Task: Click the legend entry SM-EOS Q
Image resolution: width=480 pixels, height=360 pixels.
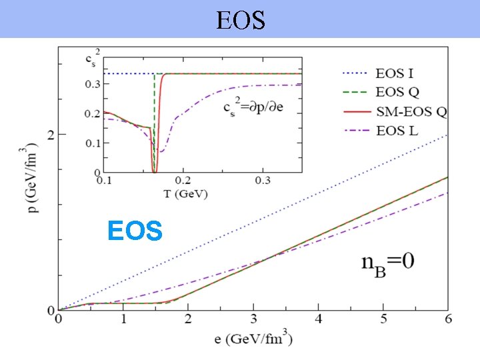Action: [x=411, y=111]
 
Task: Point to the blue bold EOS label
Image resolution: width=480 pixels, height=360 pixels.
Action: [x=135, y=231]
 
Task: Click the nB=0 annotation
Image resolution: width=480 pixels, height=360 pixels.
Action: [x=388, y=261]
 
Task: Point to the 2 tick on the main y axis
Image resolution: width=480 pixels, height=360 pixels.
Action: [x=51, y=135]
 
